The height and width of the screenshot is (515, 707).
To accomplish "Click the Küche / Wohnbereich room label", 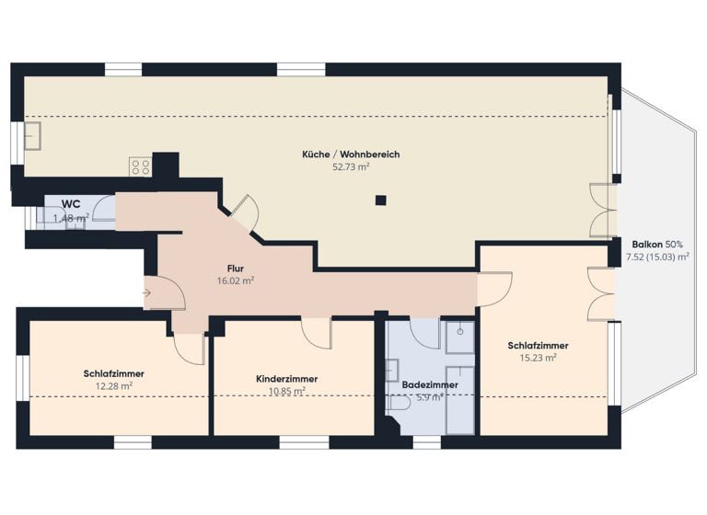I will pyautogui.click(x=351, y=154).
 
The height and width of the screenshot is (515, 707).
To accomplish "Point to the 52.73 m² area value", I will pyautogui.click(x=351, y=167).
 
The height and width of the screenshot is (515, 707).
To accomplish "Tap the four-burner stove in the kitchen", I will pyautogui.click(x=140, y=166).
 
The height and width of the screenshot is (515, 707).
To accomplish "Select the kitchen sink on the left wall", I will pyautogui.click(x=35, y=135).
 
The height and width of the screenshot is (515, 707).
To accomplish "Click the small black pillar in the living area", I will pyautogui.click(x=379, y=200).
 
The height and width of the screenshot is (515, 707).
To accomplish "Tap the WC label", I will pyautogui.click(x=71, y=204).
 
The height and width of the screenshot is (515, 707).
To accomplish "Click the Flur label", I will pyautogui.click(x=235, y=269).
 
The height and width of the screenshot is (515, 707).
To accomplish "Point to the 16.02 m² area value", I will pyautogui.click(x=235, y=281).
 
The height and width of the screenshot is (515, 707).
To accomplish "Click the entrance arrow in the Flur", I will pyautogui.click(x=147, y=293).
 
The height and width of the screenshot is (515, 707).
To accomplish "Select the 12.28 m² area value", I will pyautogui.click(x=113, y=386).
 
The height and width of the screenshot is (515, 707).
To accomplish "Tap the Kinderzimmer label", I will pyautogui.click(x=287, y=379).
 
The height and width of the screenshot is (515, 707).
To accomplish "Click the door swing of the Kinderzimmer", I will pyautogui.click(x=317, y=333).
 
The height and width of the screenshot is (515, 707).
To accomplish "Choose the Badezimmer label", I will pyautogui.click(x=430, y=384).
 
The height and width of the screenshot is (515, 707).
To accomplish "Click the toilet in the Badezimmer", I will pyautogui.click(x=399, y=403).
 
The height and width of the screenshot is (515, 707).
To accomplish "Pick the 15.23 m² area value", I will pyautogui.click(x=538, y=358).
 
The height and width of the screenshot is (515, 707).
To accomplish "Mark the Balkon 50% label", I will pyautogui.click(x=656, y=244).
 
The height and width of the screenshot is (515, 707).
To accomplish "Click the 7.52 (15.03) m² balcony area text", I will pyautogui.click(x=656, y=257).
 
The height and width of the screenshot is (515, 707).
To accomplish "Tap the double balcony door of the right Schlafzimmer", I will pyautogui.click(x=600, y=292).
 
